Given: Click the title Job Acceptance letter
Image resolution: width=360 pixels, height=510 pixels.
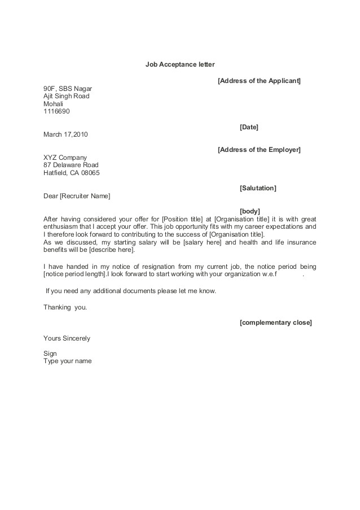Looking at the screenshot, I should pyautogui.click(x=180, y=64).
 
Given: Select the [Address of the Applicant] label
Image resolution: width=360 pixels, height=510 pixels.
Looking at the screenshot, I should pyautogui.click(x=259, y=81).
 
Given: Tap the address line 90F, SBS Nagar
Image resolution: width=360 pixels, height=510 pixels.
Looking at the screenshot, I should pyautogui.click(x=68, y=89).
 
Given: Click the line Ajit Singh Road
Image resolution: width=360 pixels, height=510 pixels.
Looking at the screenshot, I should pyautogui.click(x=66, y=96).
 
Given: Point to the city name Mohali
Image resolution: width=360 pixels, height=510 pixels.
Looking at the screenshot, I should pyautogui.click(x=54, y=104).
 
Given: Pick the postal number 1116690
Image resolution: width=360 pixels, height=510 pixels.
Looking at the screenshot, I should pyautogui.click(x=56, y=111).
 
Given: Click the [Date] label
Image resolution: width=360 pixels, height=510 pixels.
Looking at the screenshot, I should pyautogui.click(x=249, y=127).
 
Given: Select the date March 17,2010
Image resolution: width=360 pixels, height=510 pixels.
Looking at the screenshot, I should pyautogui.click(x=65, y=134).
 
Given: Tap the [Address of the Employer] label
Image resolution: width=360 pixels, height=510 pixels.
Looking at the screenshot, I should pyautogui.click(x=259, y=150).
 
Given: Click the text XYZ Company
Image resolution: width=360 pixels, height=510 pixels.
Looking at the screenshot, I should pyautogui.click(x=65, y=158).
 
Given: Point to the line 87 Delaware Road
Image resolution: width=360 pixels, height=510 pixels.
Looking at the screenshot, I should pyautogui.click(x=71, y=165).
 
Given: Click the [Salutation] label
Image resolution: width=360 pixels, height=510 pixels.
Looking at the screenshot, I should pyautogui.click(x=258, y=188).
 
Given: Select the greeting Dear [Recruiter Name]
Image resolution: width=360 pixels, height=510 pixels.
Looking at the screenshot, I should pyautogui.click(x=77, y=196).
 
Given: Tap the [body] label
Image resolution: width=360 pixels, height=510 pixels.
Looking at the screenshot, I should pyautogui.click(x=249, y=211).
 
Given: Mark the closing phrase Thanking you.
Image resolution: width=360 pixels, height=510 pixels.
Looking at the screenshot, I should pyautogui.click(x=65, y=307).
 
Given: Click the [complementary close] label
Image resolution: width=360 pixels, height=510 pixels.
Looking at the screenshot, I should pyautogui.click(x=275, y=322).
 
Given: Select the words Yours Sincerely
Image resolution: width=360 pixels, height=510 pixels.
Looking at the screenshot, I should pyautogui.click(x=67, y=338).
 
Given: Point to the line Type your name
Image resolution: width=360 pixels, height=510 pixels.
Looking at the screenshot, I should pyautogui.click(x=67, y=361).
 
